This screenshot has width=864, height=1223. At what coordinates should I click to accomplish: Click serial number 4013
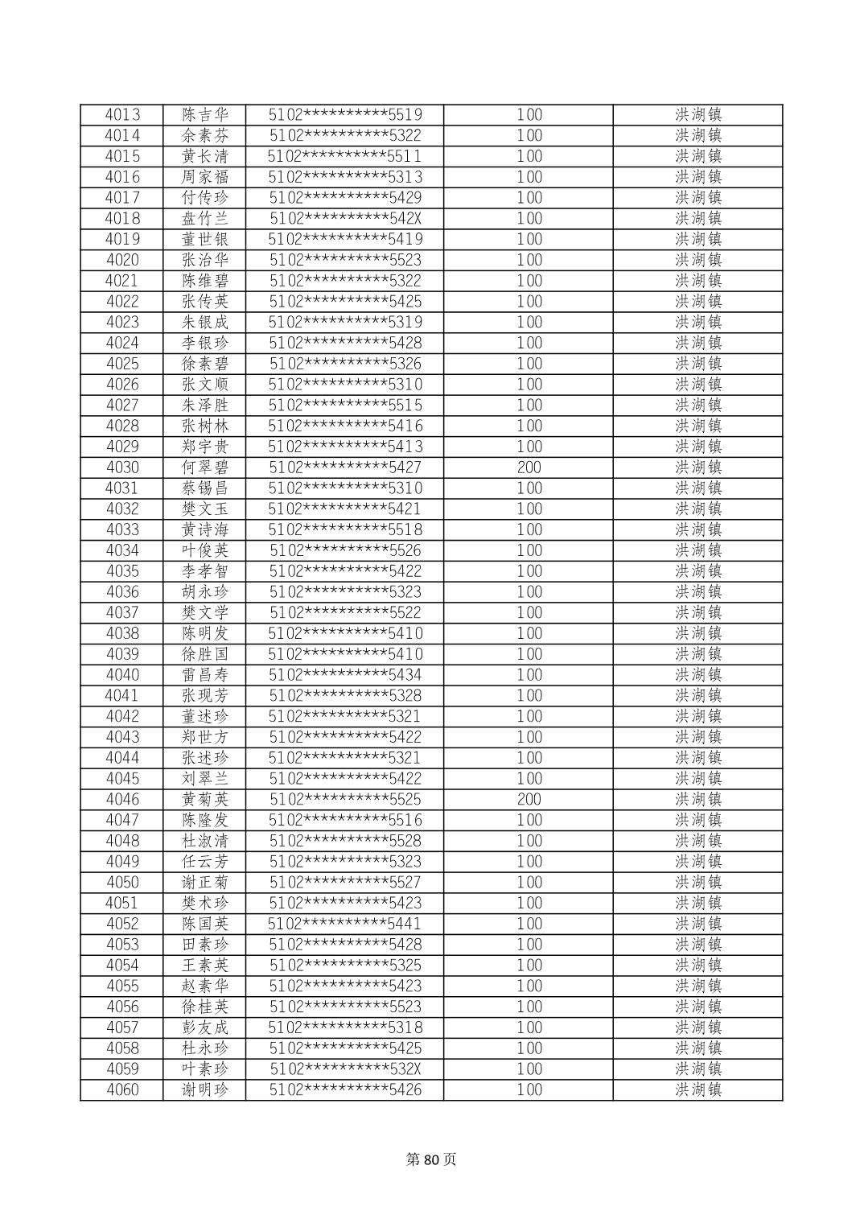(x=122, y=115)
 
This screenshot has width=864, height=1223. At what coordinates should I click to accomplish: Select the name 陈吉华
(x=205, y=115)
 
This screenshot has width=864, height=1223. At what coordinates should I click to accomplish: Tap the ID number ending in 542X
(x=345, y=219)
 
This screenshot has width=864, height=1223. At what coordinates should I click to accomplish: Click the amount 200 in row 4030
(x=529, y=467)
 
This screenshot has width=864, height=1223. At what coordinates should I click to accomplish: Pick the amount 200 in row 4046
(x=529, y=799)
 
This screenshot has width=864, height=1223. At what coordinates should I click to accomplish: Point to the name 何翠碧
(x=205, y=467)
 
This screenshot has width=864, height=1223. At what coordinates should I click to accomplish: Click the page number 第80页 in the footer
(x=431, y=1159)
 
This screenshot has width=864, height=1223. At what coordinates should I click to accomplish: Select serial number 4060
(x=122, y=1089)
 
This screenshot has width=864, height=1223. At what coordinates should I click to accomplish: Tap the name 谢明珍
(x=205, y=1089)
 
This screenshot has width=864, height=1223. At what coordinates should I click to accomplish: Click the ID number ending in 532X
(x=345, y=1069)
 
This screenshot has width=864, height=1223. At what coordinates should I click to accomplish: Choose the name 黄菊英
(x=205, y=799)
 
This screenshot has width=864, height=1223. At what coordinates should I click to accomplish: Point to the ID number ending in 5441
(x=345, y=924)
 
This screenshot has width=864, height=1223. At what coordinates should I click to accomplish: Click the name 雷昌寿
(x=205, y=675)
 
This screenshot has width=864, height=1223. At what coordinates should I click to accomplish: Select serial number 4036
(x=122, y=592)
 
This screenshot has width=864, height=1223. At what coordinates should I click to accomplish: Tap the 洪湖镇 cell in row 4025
(x=697, y=364)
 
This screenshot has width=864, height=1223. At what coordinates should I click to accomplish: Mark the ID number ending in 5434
(x=345, y=675)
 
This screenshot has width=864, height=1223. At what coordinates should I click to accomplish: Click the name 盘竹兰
(x=205, y=219)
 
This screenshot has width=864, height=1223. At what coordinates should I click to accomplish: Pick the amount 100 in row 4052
(x=529, y=924)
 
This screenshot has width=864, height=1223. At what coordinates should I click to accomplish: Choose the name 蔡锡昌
(x=205, y=488)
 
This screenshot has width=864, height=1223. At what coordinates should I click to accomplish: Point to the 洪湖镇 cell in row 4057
(x=697, y=1027)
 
